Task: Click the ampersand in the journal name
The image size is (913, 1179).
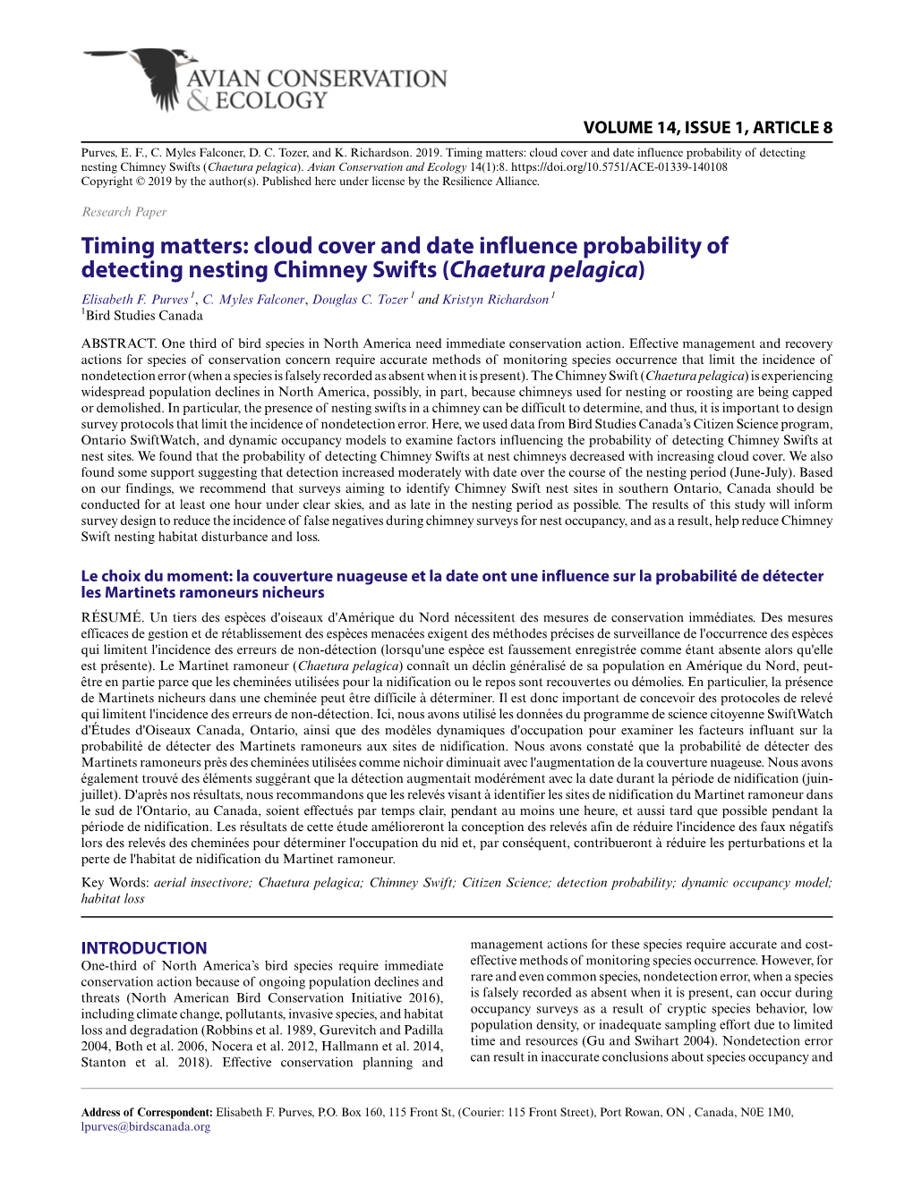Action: pos(199,101)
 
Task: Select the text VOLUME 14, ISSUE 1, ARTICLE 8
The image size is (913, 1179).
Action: pos(707,128)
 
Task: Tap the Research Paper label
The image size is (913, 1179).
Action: pos(124,212)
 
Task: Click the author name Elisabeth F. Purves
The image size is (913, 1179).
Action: pos(134,300)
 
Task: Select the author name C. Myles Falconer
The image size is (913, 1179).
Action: pos(253,300)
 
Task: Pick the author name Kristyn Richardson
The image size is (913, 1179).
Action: pos(495,300)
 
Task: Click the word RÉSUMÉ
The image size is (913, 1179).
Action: pos(111,617)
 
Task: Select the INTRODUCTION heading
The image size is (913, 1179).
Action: pos(144,948)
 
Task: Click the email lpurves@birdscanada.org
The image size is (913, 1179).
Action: pos(146,1127)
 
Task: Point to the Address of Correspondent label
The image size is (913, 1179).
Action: pos(147,1113)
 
